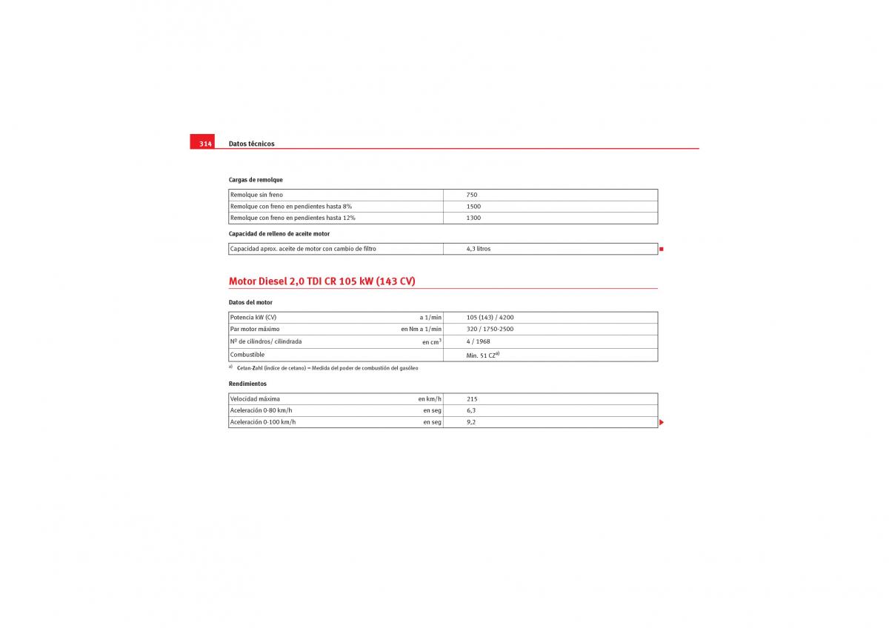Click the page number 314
point(205,144)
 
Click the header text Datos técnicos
point(251,144)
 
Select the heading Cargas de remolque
point(256,180)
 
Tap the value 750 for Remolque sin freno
point(472,195)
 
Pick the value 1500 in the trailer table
point(473,207)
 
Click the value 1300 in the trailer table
point(473,218)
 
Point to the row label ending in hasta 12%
point(293,218)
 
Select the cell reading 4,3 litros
point(479,249)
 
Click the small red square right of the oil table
point(662,249)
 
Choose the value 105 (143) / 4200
point(490,317)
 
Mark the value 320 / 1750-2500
point(490,329)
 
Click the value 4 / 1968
point(478,341)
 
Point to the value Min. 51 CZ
point(482,355)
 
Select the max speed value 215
point(472,399)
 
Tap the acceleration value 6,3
point(471,410)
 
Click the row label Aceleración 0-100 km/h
point(262,422)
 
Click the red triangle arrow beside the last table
point(662,422)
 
